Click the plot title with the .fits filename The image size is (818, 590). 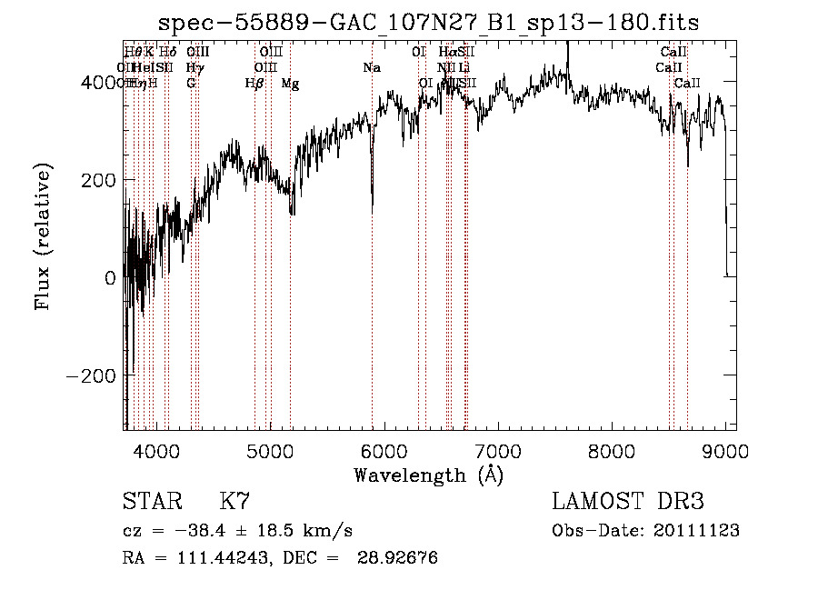pyautogui.click(x=428, y=23)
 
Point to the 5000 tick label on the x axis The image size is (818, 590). pyautogui.click(x=270, y=450)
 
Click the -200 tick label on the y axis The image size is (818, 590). pyautogui.click(x=91, y=375)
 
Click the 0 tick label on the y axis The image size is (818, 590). pyautogui.click(x=110, y=278)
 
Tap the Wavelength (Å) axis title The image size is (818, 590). pyautogui.click(x=428, y=475)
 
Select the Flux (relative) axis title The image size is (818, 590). pyautogui.click(x=44, y=235)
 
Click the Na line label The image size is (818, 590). pyautogui.click(x=372, y=67)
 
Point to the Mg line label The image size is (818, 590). pyautogui.click(x=290, y=84)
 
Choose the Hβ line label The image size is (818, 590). pyautogui.click(x=254, y=84)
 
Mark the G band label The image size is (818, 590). pyautogui.click(x=191, y=84)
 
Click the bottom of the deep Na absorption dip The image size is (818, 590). pyautogui.click(x=372, y=209)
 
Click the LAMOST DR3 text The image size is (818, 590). pyautogui.click(x=628, y=502)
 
